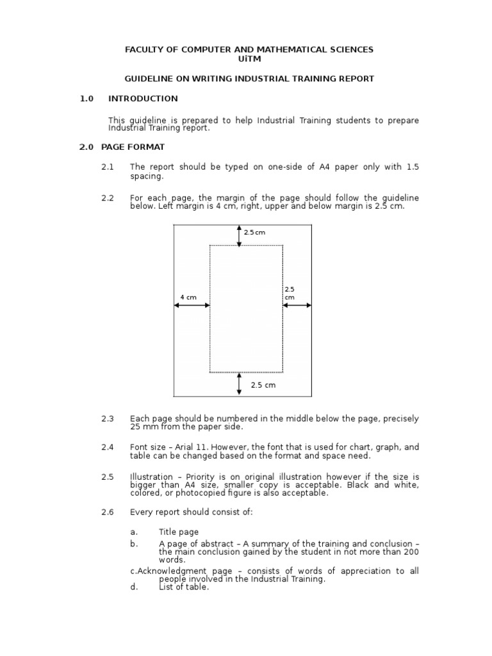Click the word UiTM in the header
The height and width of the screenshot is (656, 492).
coord(249,58)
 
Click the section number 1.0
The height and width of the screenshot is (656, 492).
coord(86,99)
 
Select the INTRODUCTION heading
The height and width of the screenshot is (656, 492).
coord(143,99)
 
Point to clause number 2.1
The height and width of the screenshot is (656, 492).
coord(107,167)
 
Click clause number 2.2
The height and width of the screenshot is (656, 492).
coord(107,198)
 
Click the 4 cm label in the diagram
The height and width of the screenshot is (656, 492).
coord(188,297)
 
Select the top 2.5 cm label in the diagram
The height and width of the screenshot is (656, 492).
coord(254,233)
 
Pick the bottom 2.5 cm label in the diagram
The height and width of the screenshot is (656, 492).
coord(263,385)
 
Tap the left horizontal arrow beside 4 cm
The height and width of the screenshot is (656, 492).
coord(192,306)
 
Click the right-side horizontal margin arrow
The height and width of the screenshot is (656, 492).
coord(297,306)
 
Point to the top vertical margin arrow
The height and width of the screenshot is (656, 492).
coord(240,235)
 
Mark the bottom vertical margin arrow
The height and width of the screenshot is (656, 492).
coord(240,383)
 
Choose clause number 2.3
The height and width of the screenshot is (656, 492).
coord(107,419)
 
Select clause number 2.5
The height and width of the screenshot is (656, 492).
coord(107,477)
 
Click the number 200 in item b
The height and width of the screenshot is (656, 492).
coord(411,552)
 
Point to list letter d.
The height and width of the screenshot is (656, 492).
coord(134,587)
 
